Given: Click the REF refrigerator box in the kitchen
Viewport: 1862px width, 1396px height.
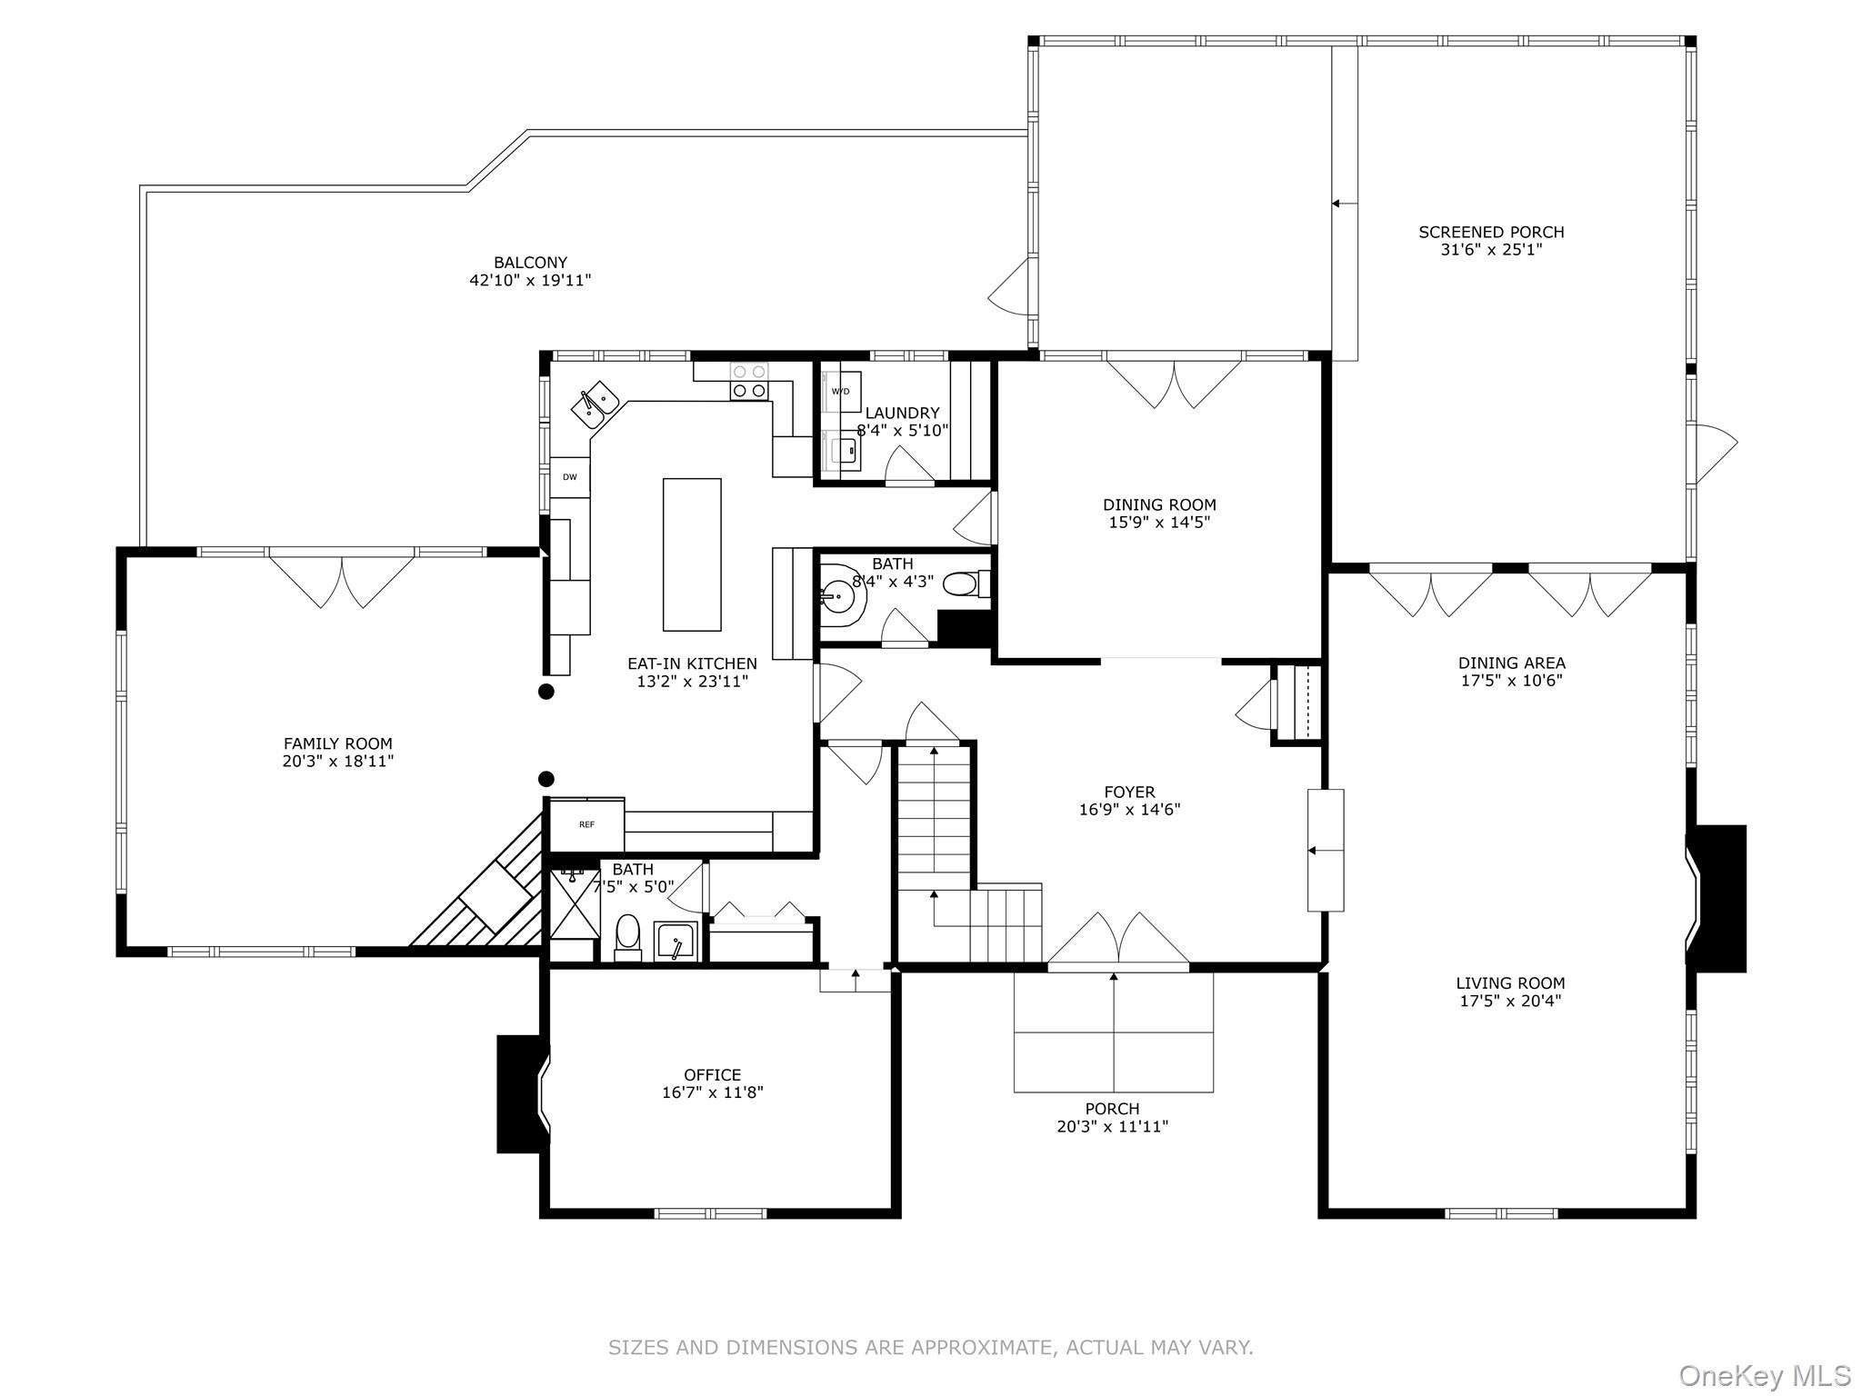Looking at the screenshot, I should coord(587,824).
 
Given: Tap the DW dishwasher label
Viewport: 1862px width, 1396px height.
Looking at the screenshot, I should coord(570,476).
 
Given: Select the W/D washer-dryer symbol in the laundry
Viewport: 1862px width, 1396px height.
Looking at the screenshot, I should coord(841,392).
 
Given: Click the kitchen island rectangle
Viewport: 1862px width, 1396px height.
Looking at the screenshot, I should coord(692,554).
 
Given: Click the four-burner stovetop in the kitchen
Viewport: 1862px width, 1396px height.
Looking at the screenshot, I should coord(750,381).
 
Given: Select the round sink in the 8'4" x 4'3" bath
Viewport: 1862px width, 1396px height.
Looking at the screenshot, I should coord(838,598).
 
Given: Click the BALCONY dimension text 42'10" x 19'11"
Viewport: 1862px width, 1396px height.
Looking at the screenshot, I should coord(530,281).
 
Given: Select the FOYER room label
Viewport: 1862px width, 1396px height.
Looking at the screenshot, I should coord(1129,793).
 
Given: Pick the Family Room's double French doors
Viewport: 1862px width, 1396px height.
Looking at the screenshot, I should coord(342,580).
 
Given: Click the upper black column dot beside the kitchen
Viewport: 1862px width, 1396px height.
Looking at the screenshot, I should coord(546,692).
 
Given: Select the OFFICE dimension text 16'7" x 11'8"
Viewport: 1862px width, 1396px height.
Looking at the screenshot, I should coord(712,1092).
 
